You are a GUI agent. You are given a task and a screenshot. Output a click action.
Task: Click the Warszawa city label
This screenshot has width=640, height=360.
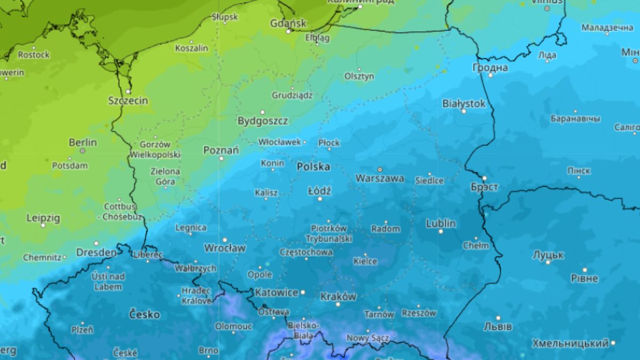coord(380,178)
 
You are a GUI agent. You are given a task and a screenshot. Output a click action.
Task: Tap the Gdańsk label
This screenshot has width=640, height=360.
coord(289,23)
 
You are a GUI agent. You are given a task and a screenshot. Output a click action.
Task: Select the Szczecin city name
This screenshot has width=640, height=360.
coord(128,100)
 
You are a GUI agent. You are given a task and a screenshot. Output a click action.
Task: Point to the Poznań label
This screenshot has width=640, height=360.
coord(221,150)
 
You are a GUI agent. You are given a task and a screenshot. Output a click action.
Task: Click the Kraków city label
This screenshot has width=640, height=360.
coord(338,297)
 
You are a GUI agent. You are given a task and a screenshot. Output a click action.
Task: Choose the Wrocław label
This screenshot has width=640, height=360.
coord(225,248)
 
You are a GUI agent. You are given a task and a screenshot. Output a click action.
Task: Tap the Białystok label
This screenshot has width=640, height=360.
coord(464,103)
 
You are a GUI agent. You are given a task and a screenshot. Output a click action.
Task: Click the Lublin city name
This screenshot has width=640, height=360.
coord(441,223)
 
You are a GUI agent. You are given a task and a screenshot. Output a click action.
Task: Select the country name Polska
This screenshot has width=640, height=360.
coord(313,166)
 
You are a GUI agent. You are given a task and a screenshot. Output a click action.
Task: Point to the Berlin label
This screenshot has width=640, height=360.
coord(83,142)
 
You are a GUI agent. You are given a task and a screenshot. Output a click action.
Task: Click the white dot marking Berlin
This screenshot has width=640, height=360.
coord(83,151)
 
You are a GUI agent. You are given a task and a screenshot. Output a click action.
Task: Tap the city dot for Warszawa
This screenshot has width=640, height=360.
coord(380,170)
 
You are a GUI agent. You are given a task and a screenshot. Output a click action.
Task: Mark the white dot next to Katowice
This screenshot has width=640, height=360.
coord(303,292)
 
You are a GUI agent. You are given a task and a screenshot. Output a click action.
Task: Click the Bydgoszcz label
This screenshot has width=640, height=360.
coord(262,121)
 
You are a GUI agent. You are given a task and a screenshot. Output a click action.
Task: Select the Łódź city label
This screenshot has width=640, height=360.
coord(319,190)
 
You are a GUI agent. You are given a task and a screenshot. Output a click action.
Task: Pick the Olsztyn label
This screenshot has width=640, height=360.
coord(359,76)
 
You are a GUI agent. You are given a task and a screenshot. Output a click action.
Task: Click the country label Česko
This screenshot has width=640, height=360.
coord(145,314)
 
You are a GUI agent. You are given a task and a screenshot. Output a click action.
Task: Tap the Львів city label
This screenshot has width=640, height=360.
coord(497,326)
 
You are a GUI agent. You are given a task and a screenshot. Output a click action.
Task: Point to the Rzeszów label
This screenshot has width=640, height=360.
coord(419,313)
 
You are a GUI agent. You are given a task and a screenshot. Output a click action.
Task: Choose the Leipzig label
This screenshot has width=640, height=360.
coord(43,218)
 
